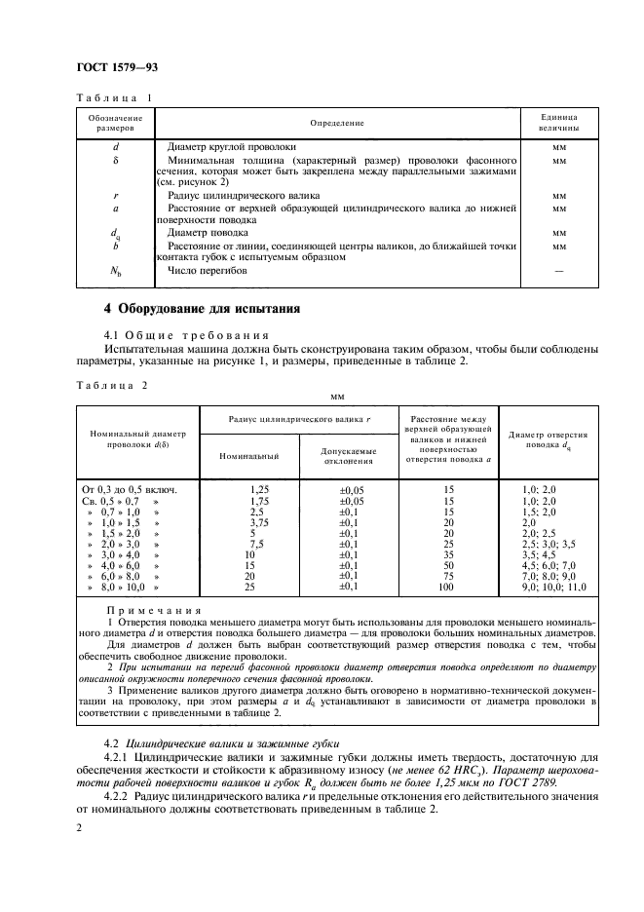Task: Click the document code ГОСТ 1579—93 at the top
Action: point(117,67)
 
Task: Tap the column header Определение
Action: point(337,123)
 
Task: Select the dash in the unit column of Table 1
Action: point(559,271)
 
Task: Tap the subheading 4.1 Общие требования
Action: point(169,334)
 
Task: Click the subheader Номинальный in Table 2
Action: point(249,455)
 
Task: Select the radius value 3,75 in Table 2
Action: point(258,521)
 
